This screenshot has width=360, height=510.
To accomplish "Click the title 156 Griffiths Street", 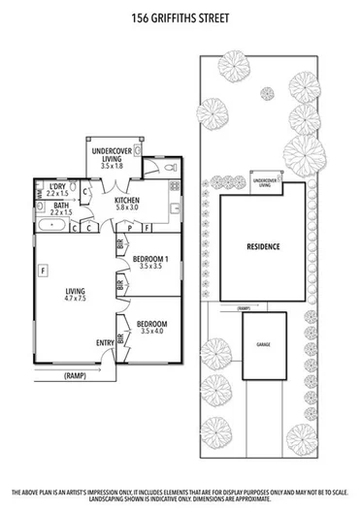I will pyautogui.click(x=180, y=16).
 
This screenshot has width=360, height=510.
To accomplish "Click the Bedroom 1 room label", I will pyautogui.click(x=150, y=262).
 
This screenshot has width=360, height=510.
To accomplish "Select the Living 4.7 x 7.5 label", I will pyautogui.click(x=75, y=294).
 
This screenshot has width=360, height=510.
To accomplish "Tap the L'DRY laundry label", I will pyautogui.click(x=57, y=188).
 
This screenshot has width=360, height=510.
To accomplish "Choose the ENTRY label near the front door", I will pyautogui.click(x=105, y=342).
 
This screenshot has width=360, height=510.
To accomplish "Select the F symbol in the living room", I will pyautogui.click(x=43, y=270).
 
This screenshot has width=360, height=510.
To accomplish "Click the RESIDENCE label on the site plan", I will pyautogui.click(x=262, y=246).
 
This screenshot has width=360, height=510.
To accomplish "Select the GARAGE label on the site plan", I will pyautogui.click(x=263, y=344).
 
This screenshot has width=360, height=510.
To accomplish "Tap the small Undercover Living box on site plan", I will pyautogui.click(x=262, y=181).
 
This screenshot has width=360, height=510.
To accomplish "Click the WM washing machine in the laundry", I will pyautogui.click(x=40, y=194).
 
